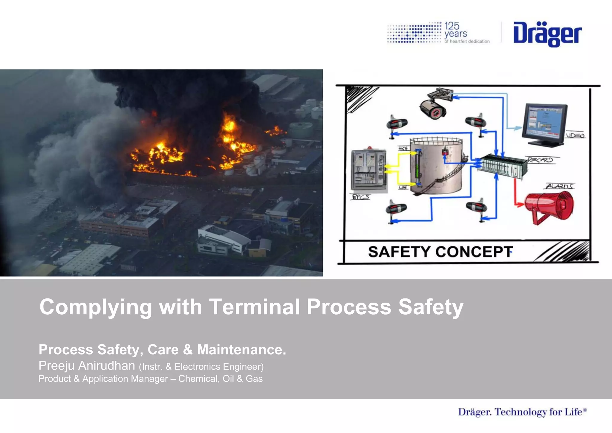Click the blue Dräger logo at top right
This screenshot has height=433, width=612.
tap(547, 34)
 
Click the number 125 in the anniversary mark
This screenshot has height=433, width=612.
tap(452, 26)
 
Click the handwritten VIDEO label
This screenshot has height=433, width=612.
tap(575, 135)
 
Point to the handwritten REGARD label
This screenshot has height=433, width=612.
tap(540, 160)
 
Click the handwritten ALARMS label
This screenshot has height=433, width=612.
tap(559, 186)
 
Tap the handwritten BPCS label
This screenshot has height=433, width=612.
tap(360, 197)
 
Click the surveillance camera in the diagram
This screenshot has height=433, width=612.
tap(435, 104)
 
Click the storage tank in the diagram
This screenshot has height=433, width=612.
tap(436, 166)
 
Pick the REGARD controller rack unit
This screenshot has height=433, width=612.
tap(502, 166)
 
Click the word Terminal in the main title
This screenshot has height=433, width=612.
tap(254, 307)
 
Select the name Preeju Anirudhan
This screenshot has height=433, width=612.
tap(87, 366)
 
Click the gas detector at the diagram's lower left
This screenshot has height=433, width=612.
tap(396, 209)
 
